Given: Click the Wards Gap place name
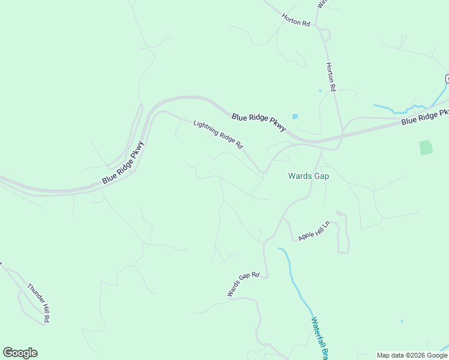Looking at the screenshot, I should click(x=309, y=176).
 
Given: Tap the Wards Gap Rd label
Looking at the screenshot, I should click(x=243, y=284).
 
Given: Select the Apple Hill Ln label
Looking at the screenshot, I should click(x=315, y=231).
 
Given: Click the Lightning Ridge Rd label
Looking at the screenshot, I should click(x=218, y=134).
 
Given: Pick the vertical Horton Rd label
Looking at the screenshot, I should click(x=330, y=76).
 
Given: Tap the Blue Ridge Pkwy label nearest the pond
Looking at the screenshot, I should click(x=259, y=119).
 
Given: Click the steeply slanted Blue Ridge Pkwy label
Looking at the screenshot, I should click(x=124, y=162).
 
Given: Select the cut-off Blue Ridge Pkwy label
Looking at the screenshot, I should click(x=425, y=117).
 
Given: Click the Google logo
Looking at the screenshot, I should click(x=20, y=353).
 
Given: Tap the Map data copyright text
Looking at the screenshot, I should click(x=412, y=355).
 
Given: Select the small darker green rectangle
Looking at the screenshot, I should click(x=426, y=148).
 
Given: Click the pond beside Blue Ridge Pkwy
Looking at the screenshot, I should click(x=295, y=116).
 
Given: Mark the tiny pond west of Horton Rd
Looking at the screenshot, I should click(x=320, y=91).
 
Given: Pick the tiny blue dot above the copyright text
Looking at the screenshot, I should click(x=402, y=321).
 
